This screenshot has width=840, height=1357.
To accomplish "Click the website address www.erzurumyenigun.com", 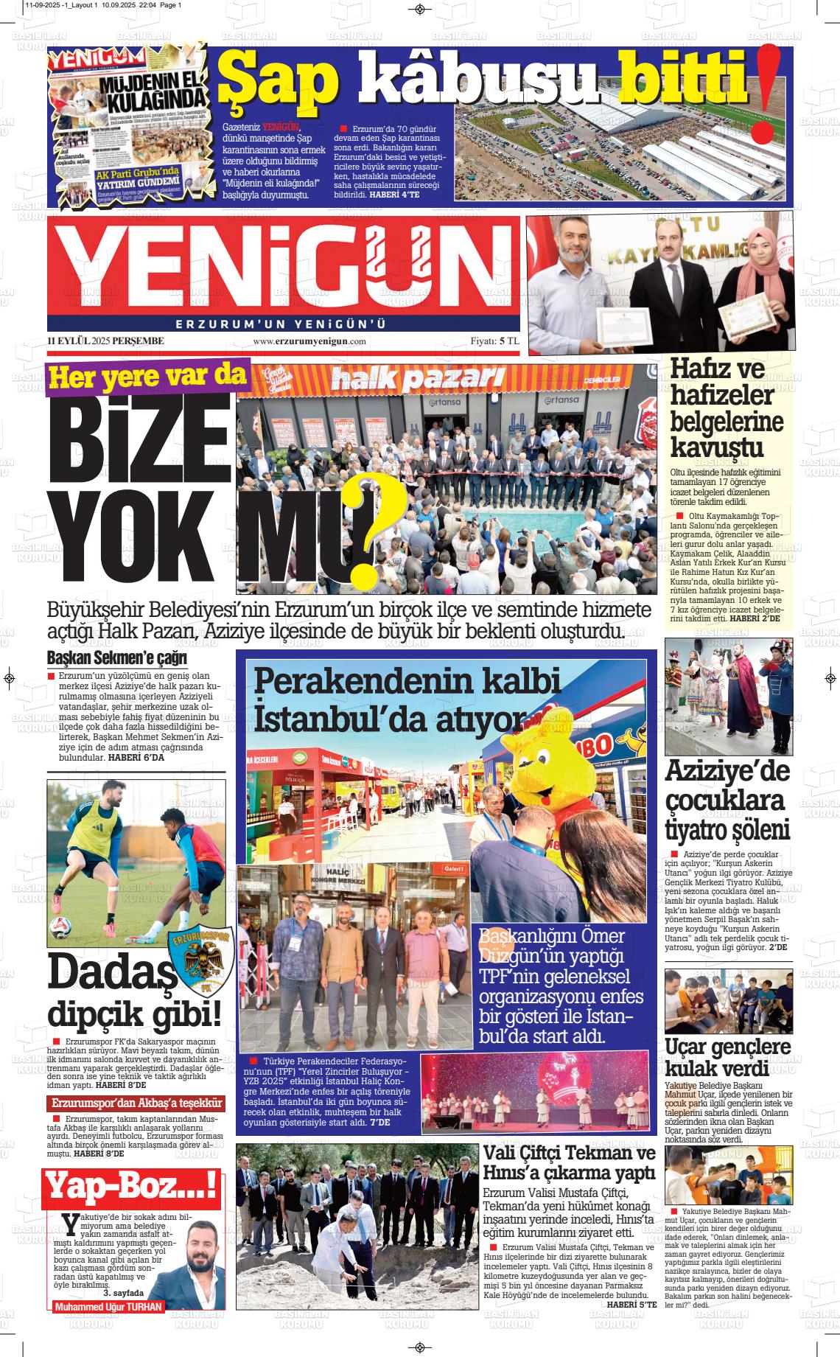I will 309,341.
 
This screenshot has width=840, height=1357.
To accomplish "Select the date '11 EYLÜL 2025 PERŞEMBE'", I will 105,341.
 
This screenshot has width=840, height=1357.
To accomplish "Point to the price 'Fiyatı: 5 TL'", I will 495,341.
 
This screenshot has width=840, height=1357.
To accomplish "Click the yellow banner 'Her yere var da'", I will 147,377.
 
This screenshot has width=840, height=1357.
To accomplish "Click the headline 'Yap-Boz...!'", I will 132,1189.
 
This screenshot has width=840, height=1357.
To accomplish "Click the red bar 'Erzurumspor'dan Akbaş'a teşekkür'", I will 136,1103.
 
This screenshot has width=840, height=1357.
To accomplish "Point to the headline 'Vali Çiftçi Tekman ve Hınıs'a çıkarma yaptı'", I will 568,1162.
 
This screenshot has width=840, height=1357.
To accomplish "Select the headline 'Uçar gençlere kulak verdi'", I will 728,1057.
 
